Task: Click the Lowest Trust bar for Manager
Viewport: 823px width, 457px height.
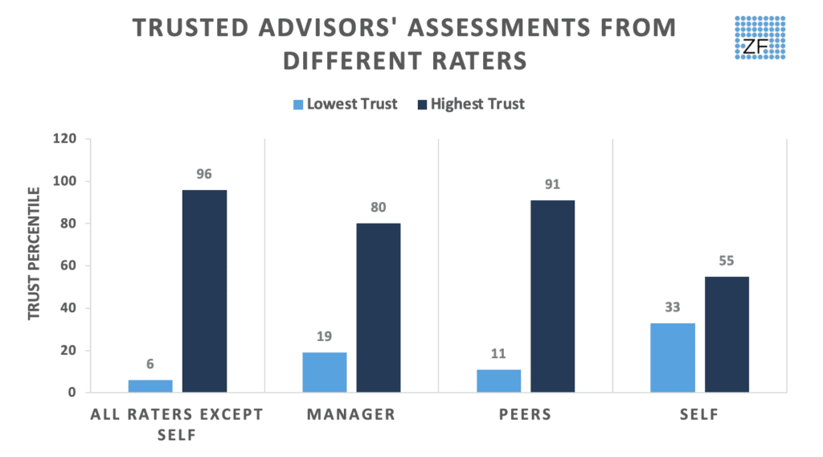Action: point(325,373)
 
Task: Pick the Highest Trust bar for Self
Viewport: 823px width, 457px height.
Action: point(727,335)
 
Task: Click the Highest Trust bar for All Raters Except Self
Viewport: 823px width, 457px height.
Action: point(204,291)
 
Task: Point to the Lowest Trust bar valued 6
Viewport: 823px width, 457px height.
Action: point(150,386)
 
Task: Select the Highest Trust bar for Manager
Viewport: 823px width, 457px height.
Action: point(379,308)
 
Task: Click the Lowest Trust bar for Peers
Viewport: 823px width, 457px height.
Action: point(499,381)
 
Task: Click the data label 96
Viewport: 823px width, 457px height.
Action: point(204,174)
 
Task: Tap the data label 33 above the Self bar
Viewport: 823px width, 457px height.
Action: point(673,307)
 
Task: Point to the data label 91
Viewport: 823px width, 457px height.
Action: point(553,184)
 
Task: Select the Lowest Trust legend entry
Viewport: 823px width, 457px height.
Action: point(345,104)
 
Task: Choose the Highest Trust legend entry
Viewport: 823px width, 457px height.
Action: point(470,104)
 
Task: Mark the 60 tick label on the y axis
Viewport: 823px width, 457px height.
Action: point(69,266)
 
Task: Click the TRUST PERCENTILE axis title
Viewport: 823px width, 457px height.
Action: point(34,253)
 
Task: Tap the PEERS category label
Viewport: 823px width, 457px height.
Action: point(526,415)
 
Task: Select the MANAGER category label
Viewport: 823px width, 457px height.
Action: point(351,415)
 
